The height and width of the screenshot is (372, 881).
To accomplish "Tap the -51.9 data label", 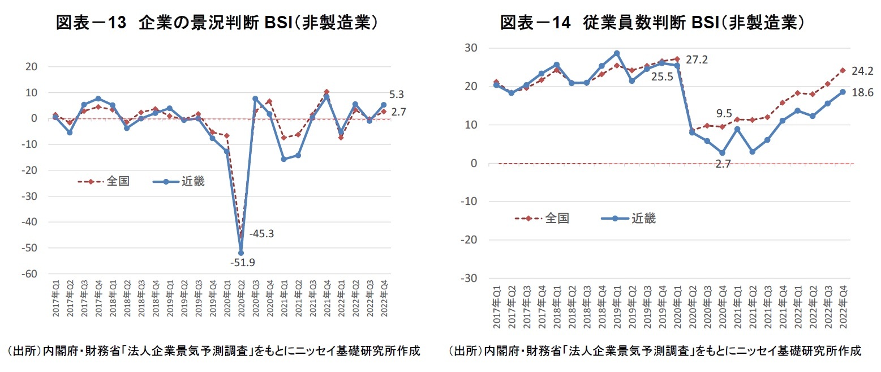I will [x=242, y=263].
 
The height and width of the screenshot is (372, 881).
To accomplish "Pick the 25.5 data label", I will [x=662, y=76].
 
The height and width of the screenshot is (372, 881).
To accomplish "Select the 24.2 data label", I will [x=863, y=72].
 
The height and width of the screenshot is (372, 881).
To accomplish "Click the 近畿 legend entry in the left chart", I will [x=192, y=182].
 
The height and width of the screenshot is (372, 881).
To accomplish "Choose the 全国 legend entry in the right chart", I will [x=557, y=218].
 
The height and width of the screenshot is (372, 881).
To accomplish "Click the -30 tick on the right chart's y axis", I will [x=470, y=279].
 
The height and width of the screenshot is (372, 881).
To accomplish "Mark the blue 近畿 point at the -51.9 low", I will [x=241, y=253].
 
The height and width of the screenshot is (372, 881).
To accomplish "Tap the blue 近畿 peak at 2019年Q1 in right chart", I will [x=617, y=54].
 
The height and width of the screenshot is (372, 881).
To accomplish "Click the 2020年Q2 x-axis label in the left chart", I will [x=242, y=298].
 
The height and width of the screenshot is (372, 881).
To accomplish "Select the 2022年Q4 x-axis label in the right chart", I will [x=843, y=306].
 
